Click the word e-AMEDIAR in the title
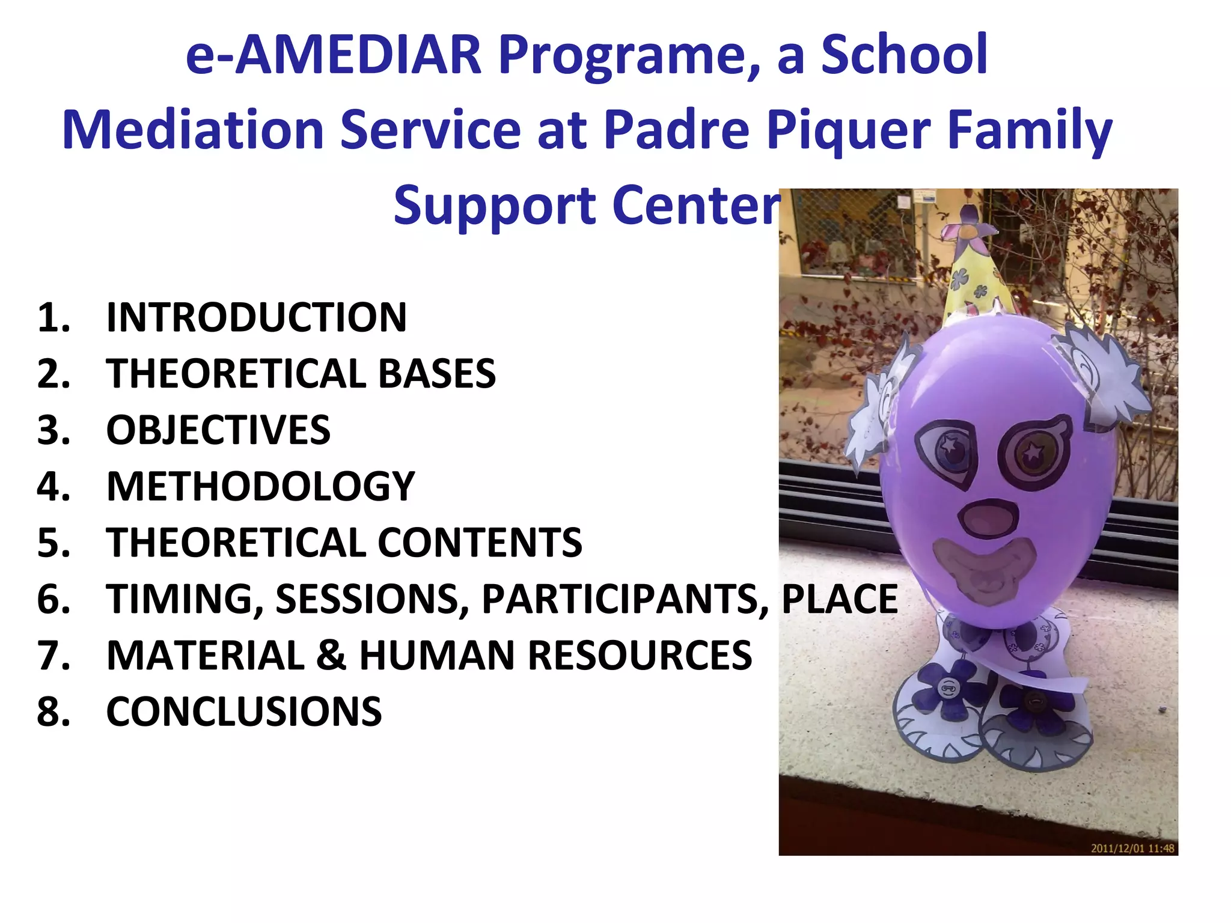334,55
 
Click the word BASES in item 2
437,374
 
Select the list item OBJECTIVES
218,430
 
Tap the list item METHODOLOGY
260,486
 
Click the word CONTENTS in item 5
480,543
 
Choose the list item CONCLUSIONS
244,711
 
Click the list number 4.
53,486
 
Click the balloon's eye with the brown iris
1032,452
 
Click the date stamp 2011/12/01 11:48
1132,848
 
